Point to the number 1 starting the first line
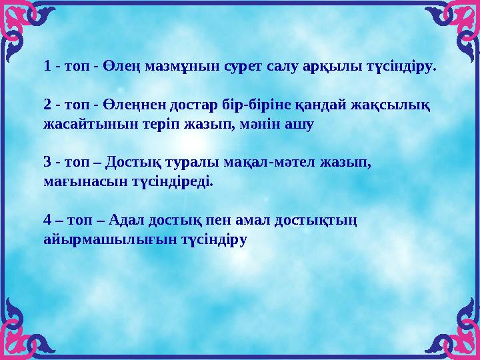(47, 67)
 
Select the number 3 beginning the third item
(47, 162)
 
